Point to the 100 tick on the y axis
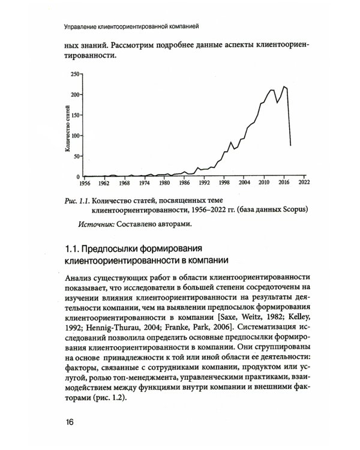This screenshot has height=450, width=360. [x=75, y=136]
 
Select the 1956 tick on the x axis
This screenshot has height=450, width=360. [x=84, y=183]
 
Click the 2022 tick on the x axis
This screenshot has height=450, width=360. [x=303, y=183]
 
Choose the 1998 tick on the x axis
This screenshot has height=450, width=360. [x=223, y=183]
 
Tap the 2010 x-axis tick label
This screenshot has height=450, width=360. [x=263, y=183]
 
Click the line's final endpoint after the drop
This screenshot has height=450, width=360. [x=290, y=145]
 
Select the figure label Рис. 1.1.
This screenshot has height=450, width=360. [x=79, y=199]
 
